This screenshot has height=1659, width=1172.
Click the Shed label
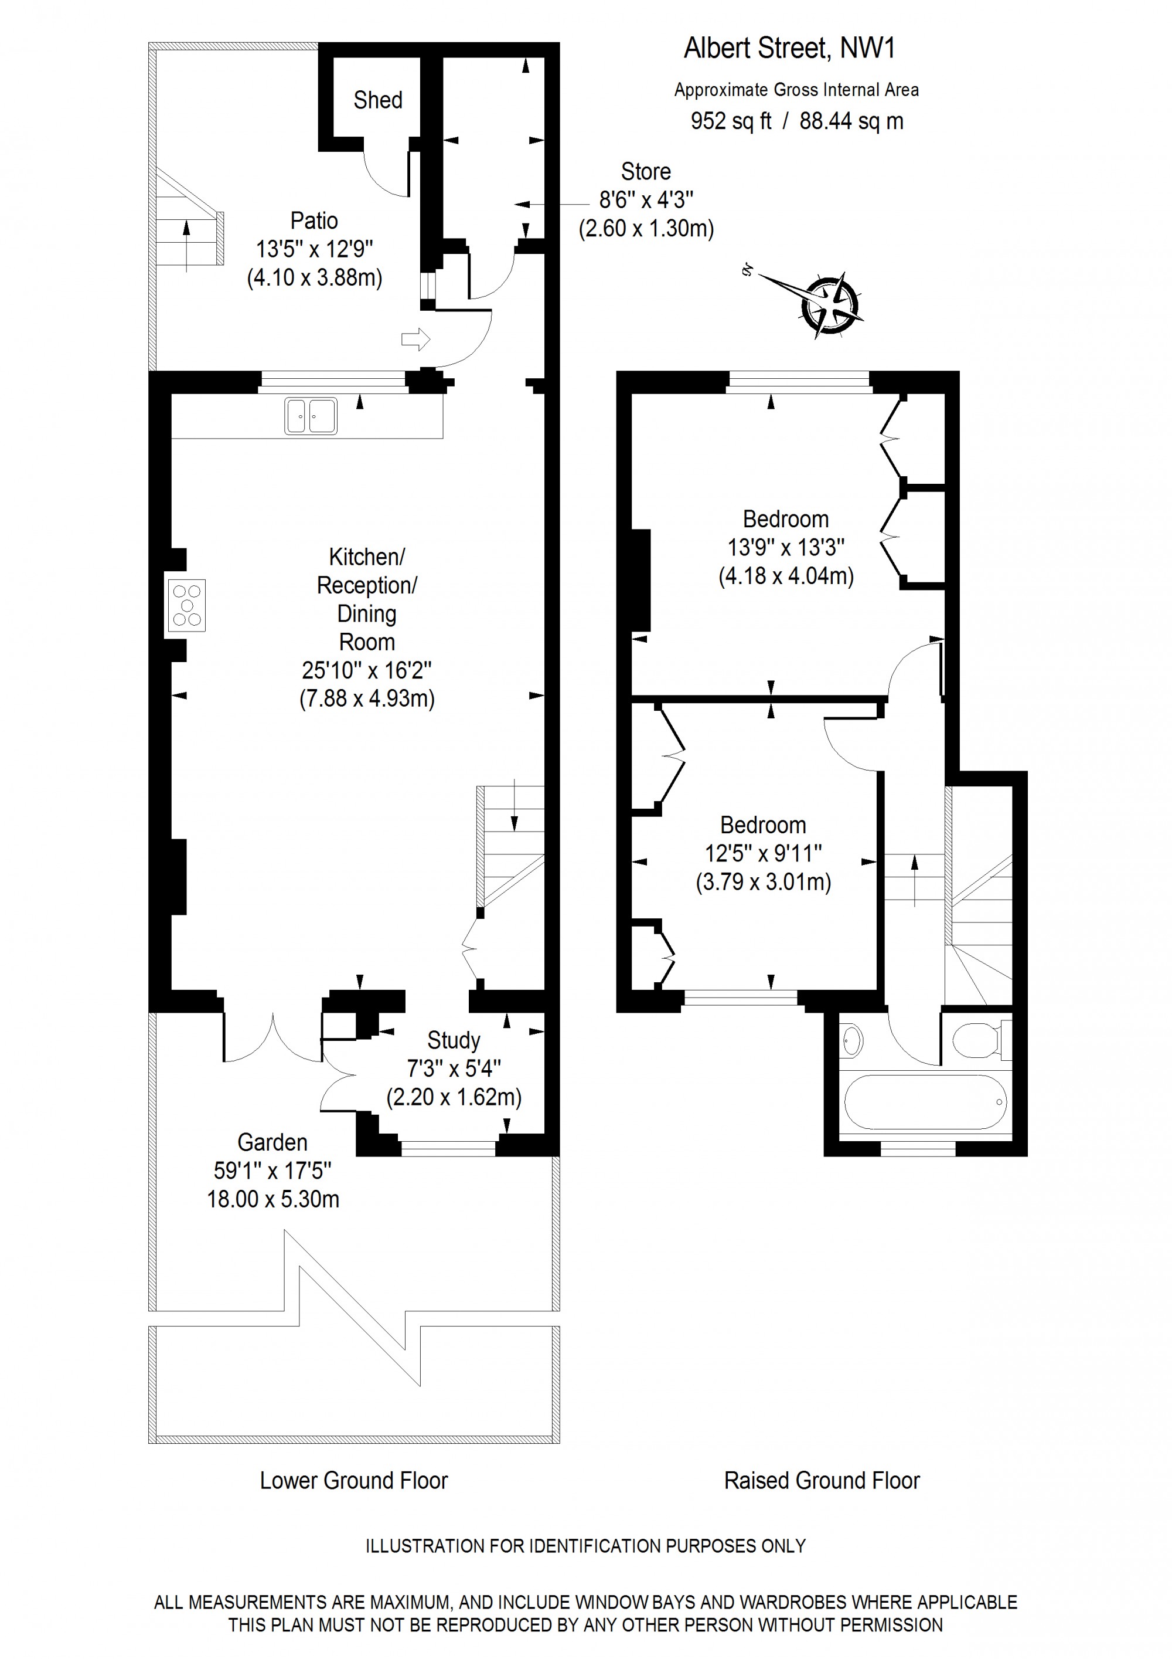click(x=377, y=100)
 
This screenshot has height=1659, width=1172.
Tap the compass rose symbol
click(x=830, y=304)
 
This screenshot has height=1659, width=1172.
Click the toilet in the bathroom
click(x=983, y=1040)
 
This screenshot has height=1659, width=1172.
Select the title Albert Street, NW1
click(x=789, y=49)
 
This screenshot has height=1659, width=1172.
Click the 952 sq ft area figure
click(x=731, y=121)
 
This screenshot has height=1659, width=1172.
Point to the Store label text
click(x=646, y=171)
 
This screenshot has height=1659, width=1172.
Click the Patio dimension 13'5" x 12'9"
click(x=314, y=249)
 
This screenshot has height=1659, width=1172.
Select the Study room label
click(x=454, y=1040)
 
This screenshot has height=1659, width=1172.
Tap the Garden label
click(x=272, y=1142)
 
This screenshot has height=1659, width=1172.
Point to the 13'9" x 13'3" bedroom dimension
click(x=786, y=547)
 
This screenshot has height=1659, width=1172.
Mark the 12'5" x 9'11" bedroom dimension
click(x=764, y=853)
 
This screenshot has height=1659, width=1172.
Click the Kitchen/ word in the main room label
click(x=367, y=557)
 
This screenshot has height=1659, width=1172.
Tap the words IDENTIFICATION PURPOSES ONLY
click(x=667, y=1546)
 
